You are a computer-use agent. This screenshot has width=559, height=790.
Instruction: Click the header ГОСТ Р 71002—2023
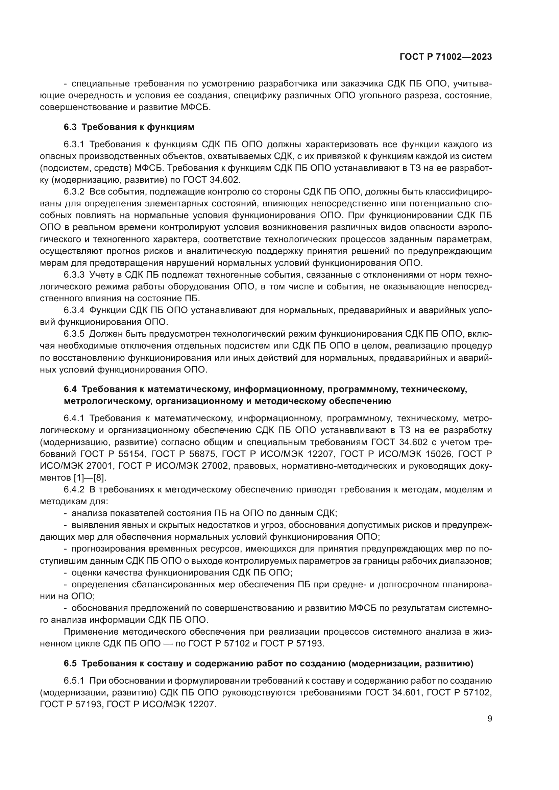[445, 57]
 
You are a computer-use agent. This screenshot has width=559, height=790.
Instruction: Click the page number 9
[489, 719]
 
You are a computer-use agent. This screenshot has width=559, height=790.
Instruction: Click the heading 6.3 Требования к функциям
[129, 127]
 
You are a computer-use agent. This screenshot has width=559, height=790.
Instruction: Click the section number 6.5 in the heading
[70, 664]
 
